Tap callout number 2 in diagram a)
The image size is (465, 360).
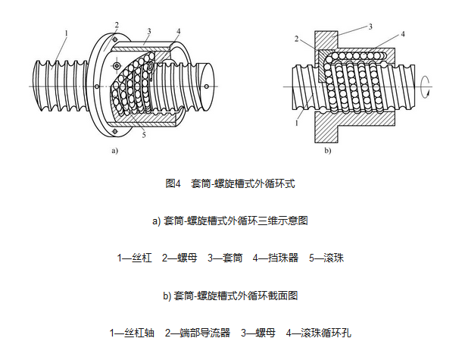(117, 25)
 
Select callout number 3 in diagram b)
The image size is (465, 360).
(370, 26)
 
